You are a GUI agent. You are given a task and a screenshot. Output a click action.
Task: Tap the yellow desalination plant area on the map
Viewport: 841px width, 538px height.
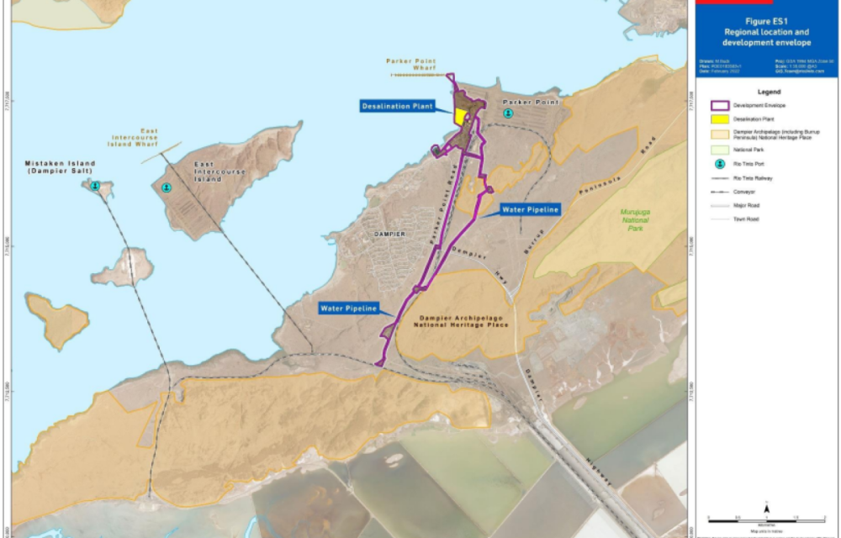coord(462,116)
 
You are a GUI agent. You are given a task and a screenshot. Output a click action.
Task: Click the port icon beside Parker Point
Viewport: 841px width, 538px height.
coord(507,113)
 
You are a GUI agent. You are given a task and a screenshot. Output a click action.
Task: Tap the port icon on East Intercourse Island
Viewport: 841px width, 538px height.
coord(167,187)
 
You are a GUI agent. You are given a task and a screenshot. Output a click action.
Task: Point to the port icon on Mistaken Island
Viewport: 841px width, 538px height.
coord(96,186)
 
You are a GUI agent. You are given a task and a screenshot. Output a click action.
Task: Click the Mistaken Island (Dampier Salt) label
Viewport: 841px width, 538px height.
coord(60,167)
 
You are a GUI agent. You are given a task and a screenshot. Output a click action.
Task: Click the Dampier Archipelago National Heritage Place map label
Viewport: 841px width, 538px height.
coord(464,322)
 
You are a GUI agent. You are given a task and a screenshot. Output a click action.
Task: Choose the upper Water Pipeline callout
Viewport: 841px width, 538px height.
coord(530,209)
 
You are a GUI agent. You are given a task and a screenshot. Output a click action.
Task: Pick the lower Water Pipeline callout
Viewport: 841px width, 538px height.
coord(347,309)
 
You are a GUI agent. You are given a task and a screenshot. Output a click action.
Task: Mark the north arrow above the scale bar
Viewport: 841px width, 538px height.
coord(767,507)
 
